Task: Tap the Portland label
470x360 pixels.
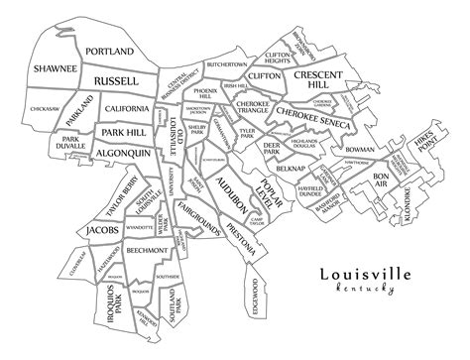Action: coord(109,51)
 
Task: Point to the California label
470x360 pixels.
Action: coord(127,108)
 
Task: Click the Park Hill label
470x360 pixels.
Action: coord(124,132)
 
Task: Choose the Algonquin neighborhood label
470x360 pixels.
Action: coord(123,154)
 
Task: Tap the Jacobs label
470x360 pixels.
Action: coord(102,230)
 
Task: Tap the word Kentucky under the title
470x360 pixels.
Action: coord(366,291)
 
